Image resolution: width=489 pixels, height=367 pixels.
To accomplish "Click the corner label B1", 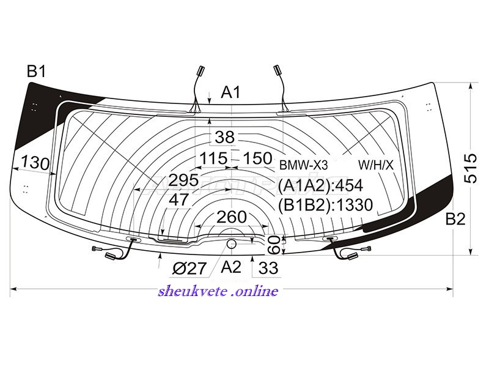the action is (37, 72).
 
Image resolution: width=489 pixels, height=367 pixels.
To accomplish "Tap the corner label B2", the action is (455, 219).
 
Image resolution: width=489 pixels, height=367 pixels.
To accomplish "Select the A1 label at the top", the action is (231, 92).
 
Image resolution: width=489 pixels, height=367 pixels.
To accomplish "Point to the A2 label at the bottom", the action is (231, 267).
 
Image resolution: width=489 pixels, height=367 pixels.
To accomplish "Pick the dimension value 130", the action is (35, 163).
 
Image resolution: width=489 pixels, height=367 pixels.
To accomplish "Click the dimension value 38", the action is (224, 137).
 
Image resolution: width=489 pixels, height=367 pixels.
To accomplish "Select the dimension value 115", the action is (213, 158).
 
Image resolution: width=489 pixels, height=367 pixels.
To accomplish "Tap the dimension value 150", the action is (257, 158).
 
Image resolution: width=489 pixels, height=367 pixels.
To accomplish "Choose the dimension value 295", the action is (184, 180).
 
